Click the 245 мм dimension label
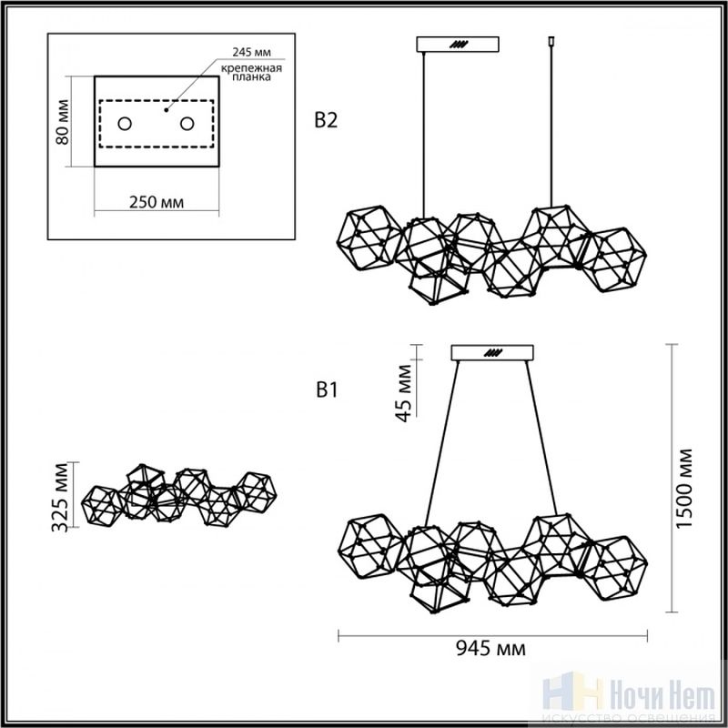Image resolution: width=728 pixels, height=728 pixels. point(252,52)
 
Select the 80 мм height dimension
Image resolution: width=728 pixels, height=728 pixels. point(62,122)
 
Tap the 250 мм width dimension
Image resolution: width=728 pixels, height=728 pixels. point(157,202)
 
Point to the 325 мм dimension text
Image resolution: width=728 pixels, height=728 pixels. point(60,497)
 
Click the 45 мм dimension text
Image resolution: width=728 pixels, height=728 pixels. point(404,393)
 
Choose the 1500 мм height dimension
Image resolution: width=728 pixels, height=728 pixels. point(684,488)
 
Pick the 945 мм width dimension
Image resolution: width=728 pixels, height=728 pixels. point(490,648)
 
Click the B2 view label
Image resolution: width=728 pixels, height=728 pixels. point(326,120)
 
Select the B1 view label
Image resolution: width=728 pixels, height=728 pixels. point(327,390)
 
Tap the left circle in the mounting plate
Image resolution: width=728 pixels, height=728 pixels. point(125,124)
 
